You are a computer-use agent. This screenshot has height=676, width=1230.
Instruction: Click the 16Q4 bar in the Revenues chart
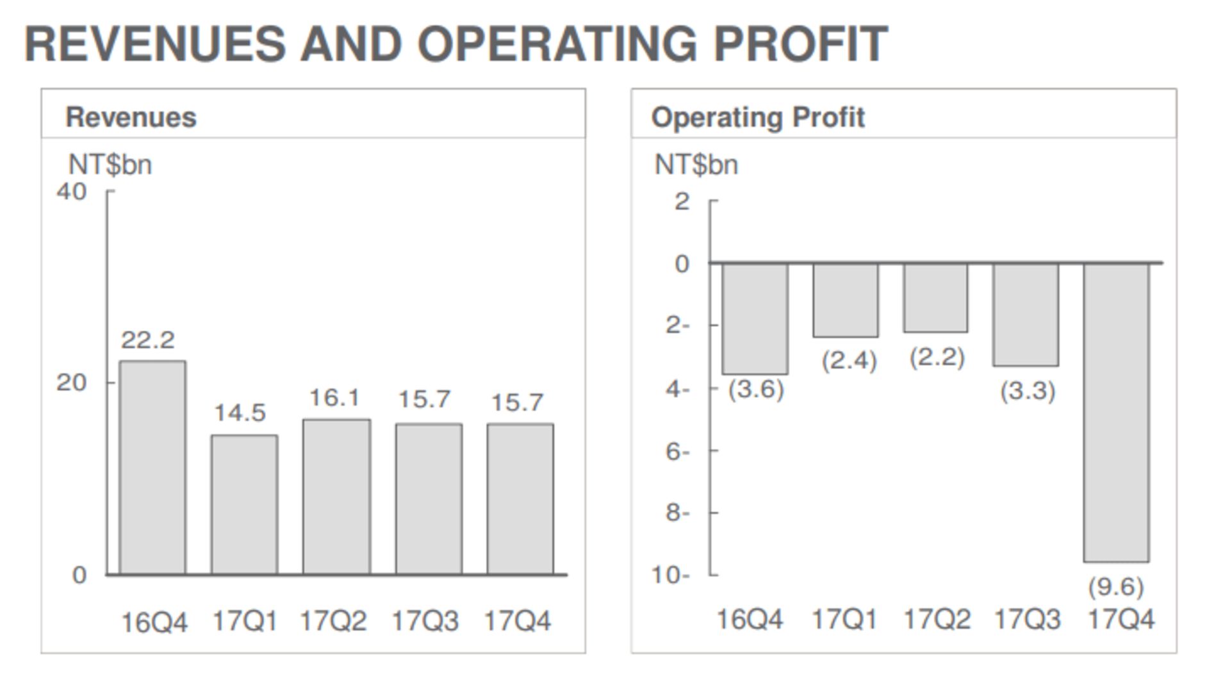[x=152, y=467]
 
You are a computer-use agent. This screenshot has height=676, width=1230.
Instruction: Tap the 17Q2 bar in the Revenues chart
[x=336, y=497]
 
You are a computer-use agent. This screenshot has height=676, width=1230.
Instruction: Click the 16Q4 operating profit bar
[x=755, y=318]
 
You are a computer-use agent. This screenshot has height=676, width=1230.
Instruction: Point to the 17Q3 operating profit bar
[x=1026, y=314]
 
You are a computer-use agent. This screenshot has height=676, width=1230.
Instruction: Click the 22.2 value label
[x=148, y=340]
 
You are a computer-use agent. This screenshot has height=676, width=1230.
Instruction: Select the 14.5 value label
[x=240, y=413]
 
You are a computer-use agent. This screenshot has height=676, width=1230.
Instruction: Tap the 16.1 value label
[x=334, y=399]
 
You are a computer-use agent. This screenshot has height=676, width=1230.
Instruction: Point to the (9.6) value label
[x=1115, y=587]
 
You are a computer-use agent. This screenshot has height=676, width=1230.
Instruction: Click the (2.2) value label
[x=937, y=358]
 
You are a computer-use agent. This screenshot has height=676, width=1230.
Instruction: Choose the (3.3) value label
[x=1028, y=391]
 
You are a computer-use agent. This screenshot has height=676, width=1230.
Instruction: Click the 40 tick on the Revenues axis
[x=71, y=192]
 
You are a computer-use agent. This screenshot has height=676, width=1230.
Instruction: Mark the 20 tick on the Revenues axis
[x=71, y=383]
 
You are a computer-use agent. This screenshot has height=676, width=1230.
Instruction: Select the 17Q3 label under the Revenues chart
[x=425, y=621]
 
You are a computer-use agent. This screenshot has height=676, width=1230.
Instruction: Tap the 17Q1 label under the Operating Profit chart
[x=844, y=620]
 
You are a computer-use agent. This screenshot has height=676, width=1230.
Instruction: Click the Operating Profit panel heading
[x=758, y=117]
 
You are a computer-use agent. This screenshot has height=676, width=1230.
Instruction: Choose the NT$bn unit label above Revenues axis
[x=110, y=165]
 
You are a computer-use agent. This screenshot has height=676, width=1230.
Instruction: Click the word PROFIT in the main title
[x=801, y=44]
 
